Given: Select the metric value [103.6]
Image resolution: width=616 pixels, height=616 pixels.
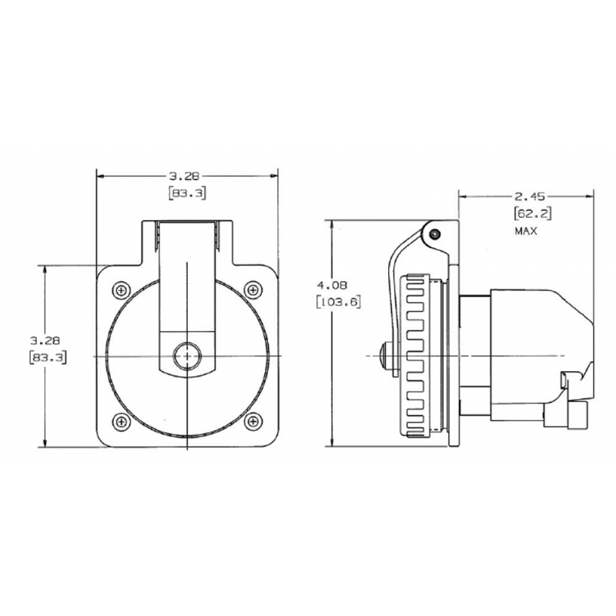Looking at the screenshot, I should click(340, 302).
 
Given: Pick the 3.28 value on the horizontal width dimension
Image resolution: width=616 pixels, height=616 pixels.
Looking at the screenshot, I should click(187, 176).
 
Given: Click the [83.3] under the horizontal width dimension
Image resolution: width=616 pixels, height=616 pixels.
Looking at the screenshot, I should click(187, 193).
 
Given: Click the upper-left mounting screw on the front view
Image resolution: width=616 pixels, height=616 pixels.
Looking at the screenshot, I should click(122, 290).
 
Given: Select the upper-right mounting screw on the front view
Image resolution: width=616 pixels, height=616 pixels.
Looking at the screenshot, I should click(253, 290).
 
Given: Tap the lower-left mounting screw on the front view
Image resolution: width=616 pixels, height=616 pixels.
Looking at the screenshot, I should click(122, 421).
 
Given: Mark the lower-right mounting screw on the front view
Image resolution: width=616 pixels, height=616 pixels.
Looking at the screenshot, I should click(253, 421).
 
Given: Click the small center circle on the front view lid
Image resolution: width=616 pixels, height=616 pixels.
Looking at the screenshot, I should click(187, 356).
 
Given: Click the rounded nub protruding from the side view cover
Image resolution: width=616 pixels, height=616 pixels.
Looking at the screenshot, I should click(386, 356).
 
